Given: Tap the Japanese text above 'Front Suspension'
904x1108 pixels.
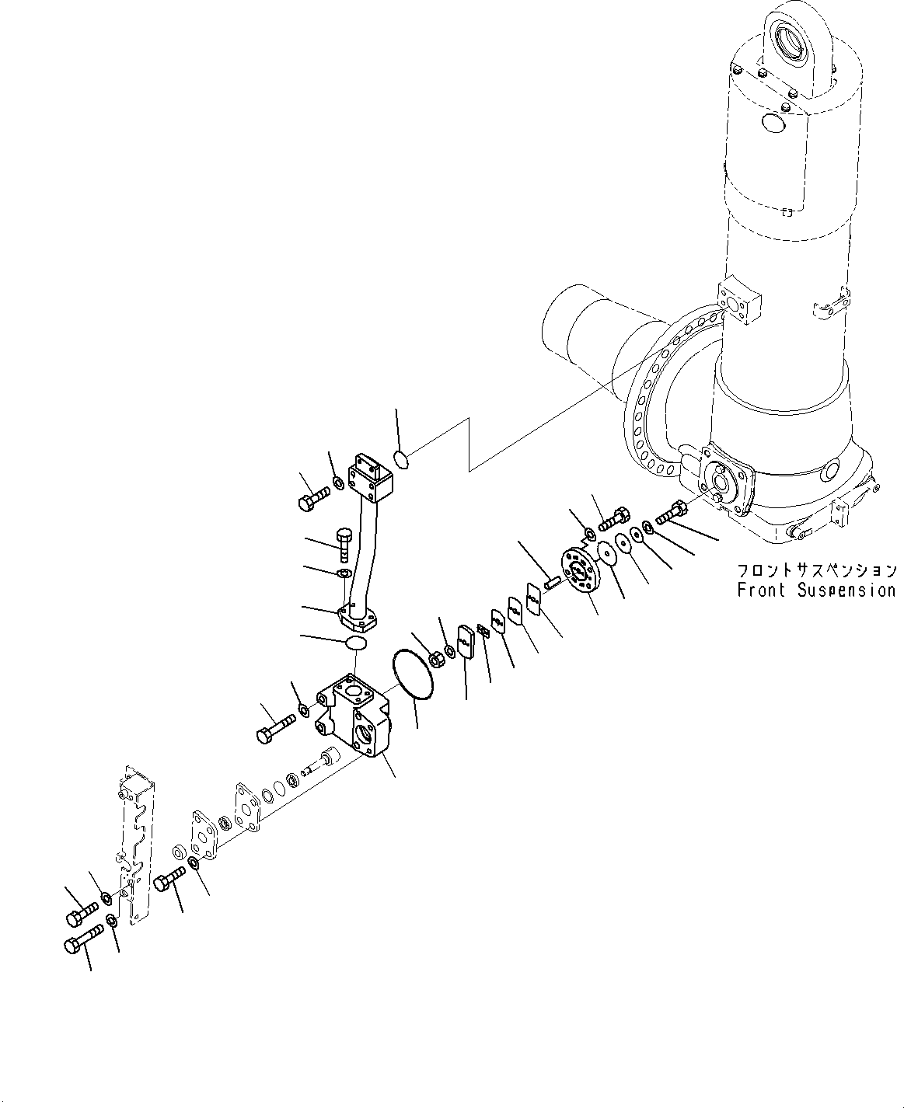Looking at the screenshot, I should pyautogui.click(x=815, y=570).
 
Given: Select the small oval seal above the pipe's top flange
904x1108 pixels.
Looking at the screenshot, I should pyautogui.click(x=401, y=460).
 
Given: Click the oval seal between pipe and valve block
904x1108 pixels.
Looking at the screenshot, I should pyautogui.click(x=355, y=643).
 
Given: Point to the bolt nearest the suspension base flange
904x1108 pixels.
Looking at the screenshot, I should pyautogui.click(x=672, y=512).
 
